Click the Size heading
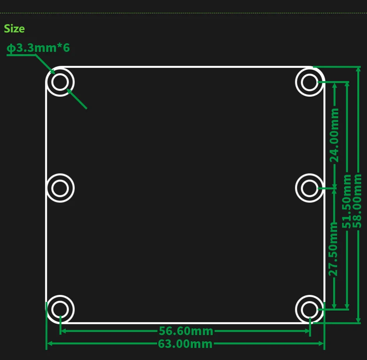pos(14,28)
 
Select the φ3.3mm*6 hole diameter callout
pos(38,48)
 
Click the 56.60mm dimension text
pos(186,331)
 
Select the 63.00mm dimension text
pos(185,344)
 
